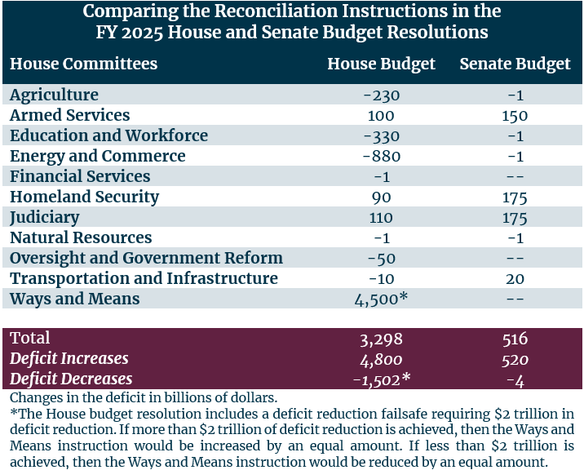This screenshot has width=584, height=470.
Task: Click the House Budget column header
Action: click(381, 64)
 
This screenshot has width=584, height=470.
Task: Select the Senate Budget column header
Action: click(515, 64)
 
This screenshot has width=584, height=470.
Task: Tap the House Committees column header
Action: click(83, 64)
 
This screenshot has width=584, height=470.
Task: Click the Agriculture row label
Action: click(54, 95)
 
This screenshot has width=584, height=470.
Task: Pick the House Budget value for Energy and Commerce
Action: click(381, 156)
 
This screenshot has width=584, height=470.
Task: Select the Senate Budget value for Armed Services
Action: click(515, 115)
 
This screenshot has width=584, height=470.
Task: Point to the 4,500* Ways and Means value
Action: click(381, 299)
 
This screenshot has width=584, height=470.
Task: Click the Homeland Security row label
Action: click(84, 197)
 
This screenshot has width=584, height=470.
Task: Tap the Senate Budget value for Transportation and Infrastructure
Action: click(515, 278)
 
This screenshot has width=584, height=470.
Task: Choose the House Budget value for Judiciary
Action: click(381, 217)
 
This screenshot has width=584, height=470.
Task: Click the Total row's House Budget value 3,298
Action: click(381, 338)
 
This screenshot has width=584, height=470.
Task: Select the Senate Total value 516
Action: click(515, 338)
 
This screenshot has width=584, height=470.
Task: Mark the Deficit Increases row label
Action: click(69, 358)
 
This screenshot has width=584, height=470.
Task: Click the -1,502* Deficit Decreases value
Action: click(381, 379)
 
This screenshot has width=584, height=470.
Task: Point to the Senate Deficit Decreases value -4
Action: click(515, 379)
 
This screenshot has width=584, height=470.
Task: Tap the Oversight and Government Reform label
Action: click(146, 258)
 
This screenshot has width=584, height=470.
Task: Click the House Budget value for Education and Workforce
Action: click(381, 135)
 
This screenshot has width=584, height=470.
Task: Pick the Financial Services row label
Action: click(80, 176)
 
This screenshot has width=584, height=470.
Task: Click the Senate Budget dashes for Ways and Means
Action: click(515, 299)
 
